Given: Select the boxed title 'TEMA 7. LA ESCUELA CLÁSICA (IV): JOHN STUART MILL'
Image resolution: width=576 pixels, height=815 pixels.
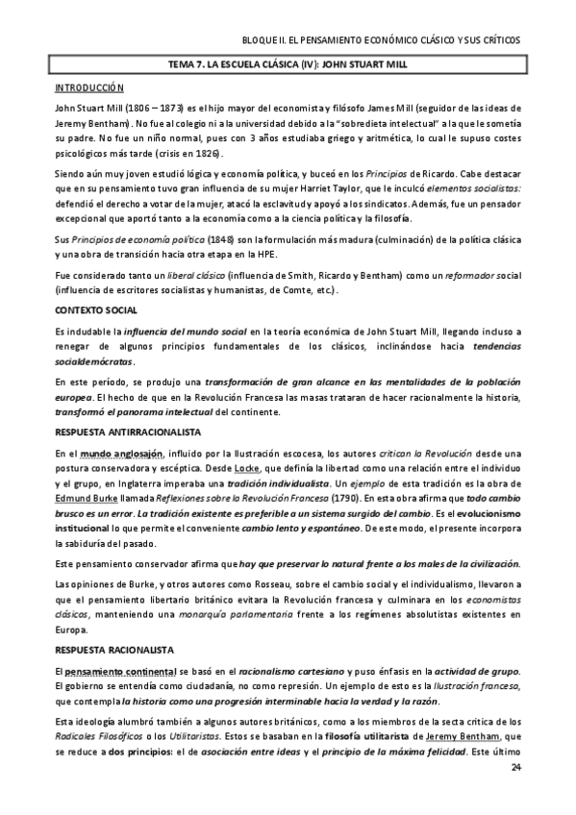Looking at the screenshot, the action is click(288, 65).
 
